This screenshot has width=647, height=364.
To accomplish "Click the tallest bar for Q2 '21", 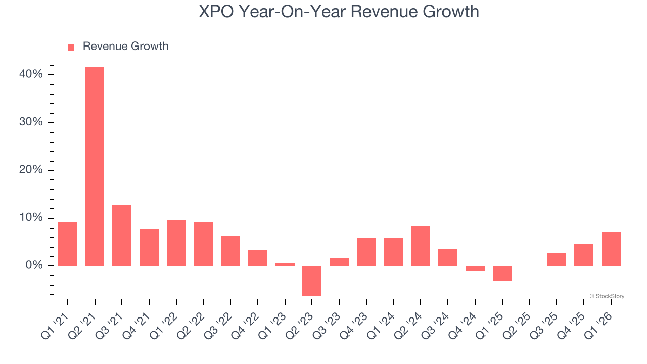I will tap(95, 166).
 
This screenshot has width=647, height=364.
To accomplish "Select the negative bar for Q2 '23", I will tap(312, 281).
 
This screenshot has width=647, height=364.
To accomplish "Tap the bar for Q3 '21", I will tap(122, 235).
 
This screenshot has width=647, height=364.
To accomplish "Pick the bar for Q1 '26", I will tap(611, 249).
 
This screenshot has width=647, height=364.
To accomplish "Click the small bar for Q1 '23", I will tap(285, 264).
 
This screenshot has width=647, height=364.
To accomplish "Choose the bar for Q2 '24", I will tap(421, 246).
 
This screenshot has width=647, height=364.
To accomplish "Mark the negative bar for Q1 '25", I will tap(502, 274).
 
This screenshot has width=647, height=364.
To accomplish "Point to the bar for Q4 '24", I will tap(475, 268).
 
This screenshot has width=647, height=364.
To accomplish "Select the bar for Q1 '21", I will tap(68, 244).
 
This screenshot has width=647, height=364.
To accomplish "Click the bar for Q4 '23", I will tap(366, 252).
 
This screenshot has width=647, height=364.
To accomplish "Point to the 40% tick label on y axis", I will tap(31, 75).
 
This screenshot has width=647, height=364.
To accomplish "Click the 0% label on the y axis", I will tap(34, 266).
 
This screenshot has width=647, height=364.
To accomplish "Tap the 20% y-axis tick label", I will tap(31, 170).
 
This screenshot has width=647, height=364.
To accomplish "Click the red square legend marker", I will tap(71, 47).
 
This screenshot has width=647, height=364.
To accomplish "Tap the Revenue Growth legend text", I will tap(125, 47).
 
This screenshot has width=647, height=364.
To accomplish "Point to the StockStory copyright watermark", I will tap(607, 296).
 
